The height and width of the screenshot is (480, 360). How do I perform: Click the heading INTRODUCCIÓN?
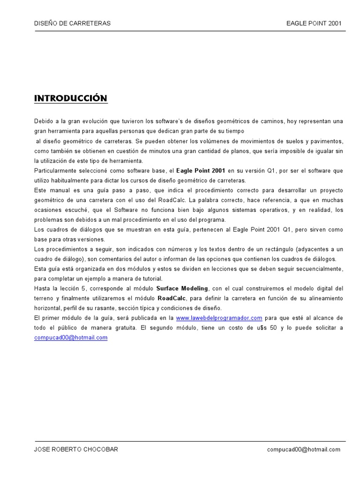coord(71,98)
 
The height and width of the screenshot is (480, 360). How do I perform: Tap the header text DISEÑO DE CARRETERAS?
coord(73,23)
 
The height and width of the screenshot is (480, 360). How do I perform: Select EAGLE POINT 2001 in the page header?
coord(314,23)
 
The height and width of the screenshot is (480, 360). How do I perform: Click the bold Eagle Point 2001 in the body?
coord(201,171)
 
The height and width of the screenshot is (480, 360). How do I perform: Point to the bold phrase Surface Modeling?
coord(182,288)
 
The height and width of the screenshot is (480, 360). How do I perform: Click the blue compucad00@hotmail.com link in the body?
coord(71,337)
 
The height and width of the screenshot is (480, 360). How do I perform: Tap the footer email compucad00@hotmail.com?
coord(304,450)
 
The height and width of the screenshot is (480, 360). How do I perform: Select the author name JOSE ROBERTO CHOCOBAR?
coord(76,450)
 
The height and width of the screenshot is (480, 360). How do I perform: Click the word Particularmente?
coord(56,171)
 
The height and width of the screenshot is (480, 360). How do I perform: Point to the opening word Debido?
coord(44,121)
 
